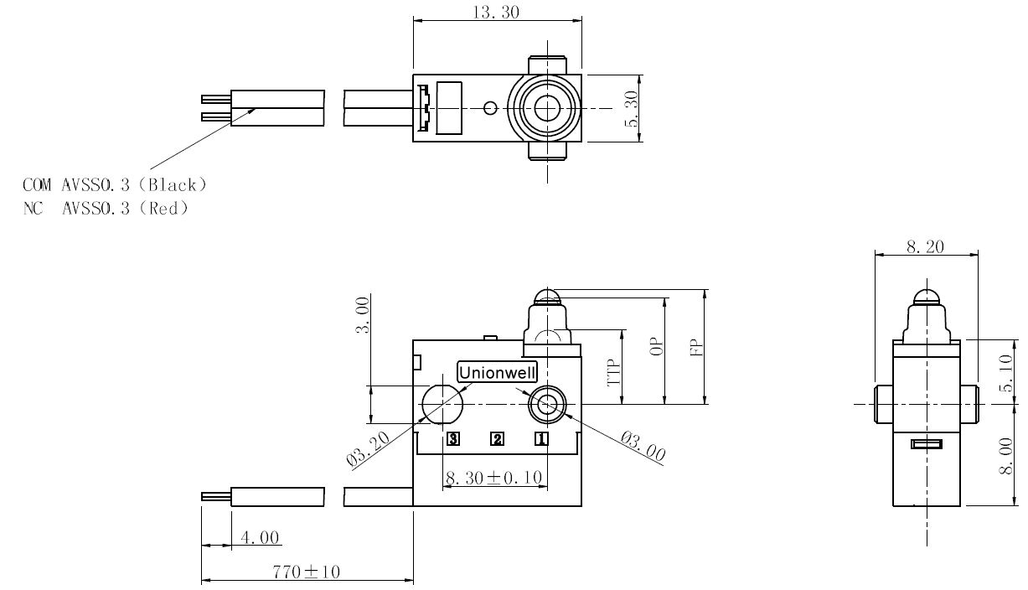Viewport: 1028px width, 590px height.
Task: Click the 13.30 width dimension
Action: coord(496,12)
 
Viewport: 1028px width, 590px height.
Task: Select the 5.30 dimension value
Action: coord(632,109)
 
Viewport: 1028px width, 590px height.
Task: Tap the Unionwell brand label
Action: coord(497,372)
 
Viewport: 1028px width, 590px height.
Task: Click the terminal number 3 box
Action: coord(453,439)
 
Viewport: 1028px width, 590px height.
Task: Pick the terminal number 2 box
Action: coord(497,439)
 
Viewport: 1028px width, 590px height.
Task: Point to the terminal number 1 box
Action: coord(541,439)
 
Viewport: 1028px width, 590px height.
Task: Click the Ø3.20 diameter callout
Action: coord(368,448)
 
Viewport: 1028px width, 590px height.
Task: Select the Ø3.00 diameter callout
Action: coord(643,446)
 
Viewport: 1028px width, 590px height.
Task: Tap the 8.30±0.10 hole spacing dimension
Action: coord(493,478)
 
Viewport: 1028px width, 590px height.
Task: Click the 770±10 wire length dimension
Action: coord(306,572)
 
